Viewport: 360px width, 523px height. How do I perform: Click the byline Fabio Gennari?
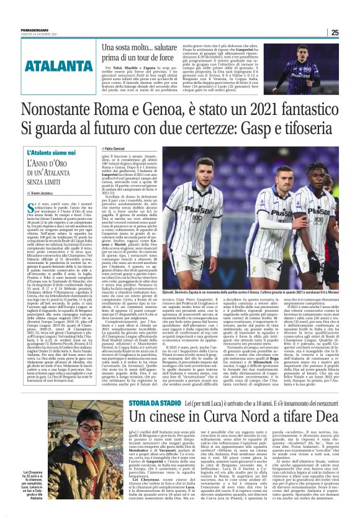[117, 149]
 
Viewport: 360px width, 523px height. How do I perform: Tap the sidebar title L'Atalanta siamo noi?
[53, 152]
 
